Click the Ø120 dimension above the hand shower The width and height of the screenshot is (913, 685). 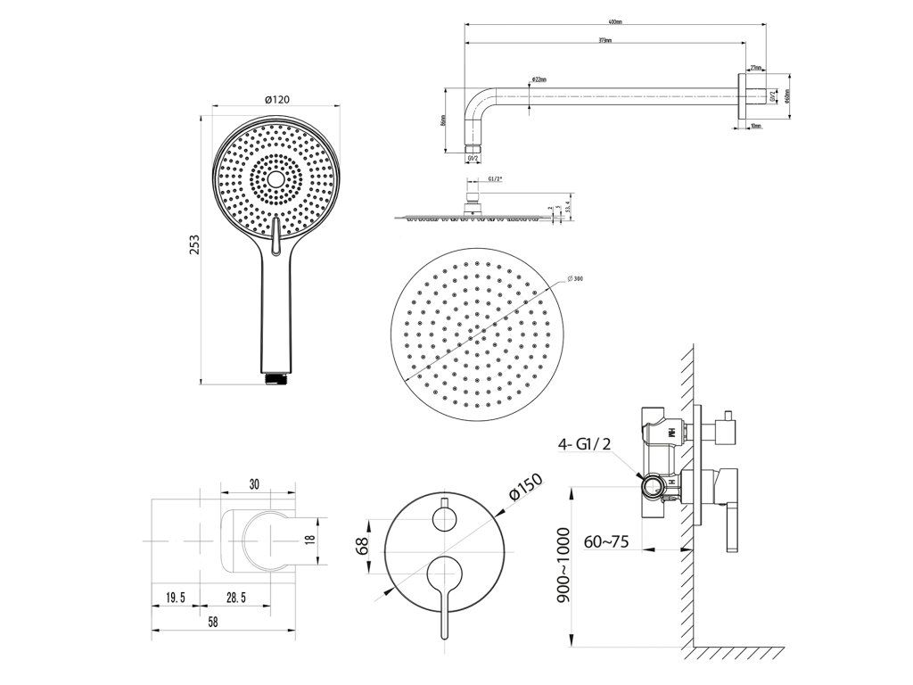(276, 99)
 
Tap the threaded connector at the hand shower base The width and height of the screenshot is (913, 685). (276, 379)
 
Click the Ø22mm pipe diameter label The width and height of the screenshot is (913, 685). (539, 79)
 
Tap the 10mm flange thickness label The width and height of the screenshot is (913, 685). (756, 126)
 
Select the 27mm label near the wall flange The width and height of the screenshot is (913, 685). (754, 67)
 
